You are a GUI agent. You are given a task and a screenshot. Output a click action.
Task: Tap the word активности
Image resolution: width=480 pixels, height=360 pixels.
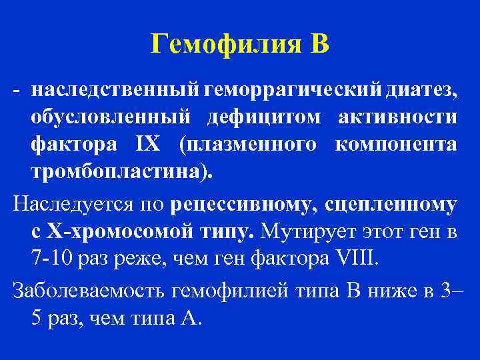point(397,118)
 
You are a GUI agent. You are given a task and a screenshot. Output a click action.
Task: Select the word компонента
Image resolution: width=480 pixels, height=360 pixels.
point(395,146)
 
